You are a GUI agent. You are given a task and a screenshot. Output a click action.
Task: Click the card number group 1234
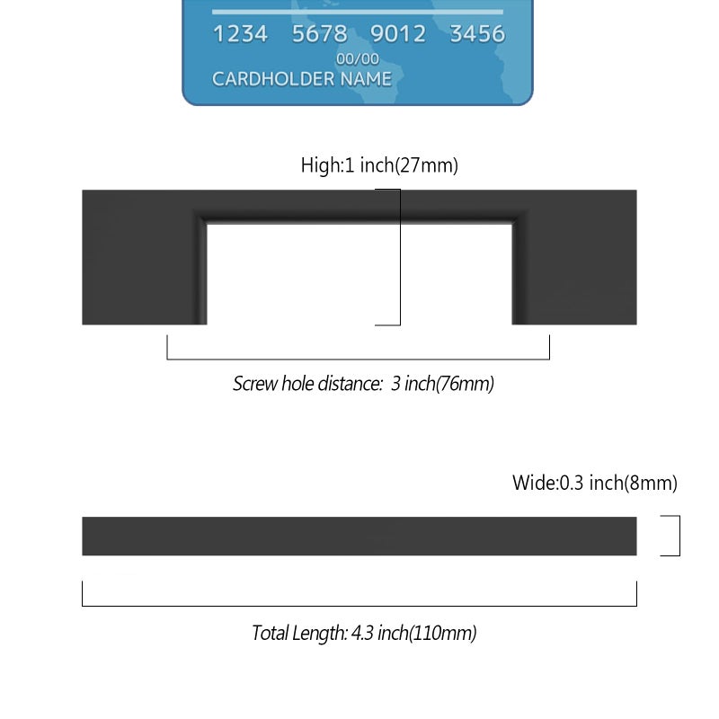coord(240,34)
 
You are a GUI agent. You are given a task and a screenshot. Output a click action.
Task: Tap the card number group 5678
coord(320,34)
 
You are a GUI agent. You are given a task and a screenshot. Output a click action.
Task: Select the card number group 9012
coord(398,34)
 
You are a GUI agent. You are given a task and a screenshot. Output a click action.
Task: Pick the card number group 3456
coord(477,34)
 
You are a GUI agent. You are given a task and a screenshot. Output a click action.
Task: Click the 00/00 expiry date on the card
coord(358,59)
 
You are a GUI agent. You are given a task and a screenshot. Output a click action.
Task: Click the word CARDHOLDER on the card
coord(272,79)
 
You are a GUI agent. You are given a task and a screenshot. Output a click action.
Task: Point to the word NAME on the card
coord(366,79)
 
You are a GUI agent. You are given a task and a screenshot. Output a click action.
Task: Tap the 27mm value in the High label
coord(426,165)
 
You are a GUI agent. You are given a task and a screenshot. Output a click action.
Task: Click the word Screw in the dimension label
coord(254,384)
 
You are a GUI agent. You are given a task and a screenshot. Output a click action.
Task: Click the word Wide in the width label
coord(534,483)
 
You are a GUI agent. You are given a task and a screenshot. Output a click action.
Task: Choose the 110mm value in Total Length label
coord(442,634)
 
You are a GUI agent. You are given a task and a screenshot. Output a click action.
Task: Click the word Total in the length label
coord(271,633)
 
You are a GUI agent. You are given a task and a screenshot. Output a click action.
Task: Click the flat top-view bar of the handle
coord(359,536)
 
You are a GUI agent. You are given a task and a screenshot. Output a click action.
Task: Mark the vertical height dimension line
coord(400,257)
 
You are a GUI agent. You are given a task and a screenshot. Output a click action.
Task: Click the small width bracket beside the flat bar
coord(679,536)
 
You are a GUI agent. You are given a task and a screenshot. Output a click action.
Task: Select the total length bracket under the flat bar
coord(359,606)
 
